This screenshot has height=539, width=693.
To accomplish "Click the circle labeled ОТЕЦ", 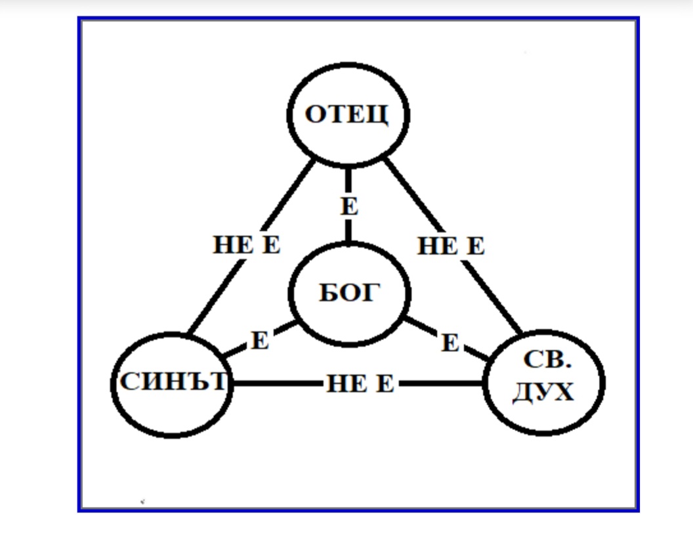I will [348, 141].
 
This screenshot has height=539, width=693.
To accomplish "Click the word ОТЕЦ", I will [347, 114].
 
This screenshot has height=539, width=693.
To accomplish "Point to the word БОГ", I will [349, 293].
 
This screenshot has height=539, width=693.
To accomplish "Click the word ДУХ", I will [543, 392].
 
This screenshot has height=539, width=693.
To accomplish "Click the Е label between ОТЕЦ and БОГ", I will [350, 207].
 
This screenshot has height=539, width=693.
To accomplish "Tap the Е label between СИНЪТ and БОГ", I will [260, 341].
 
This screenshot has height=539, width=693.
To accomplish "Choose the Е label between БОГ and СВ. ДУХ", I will [450, 342].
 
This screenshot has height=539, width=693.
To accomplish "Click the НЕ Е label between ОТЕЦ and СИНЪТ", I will [246, 246].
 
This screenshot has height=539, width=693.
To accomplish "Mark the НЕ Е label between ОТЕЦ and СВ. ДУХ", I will [451, 246].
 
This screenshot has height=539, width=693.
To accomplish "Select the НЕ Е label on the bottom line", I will [360, 383].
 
